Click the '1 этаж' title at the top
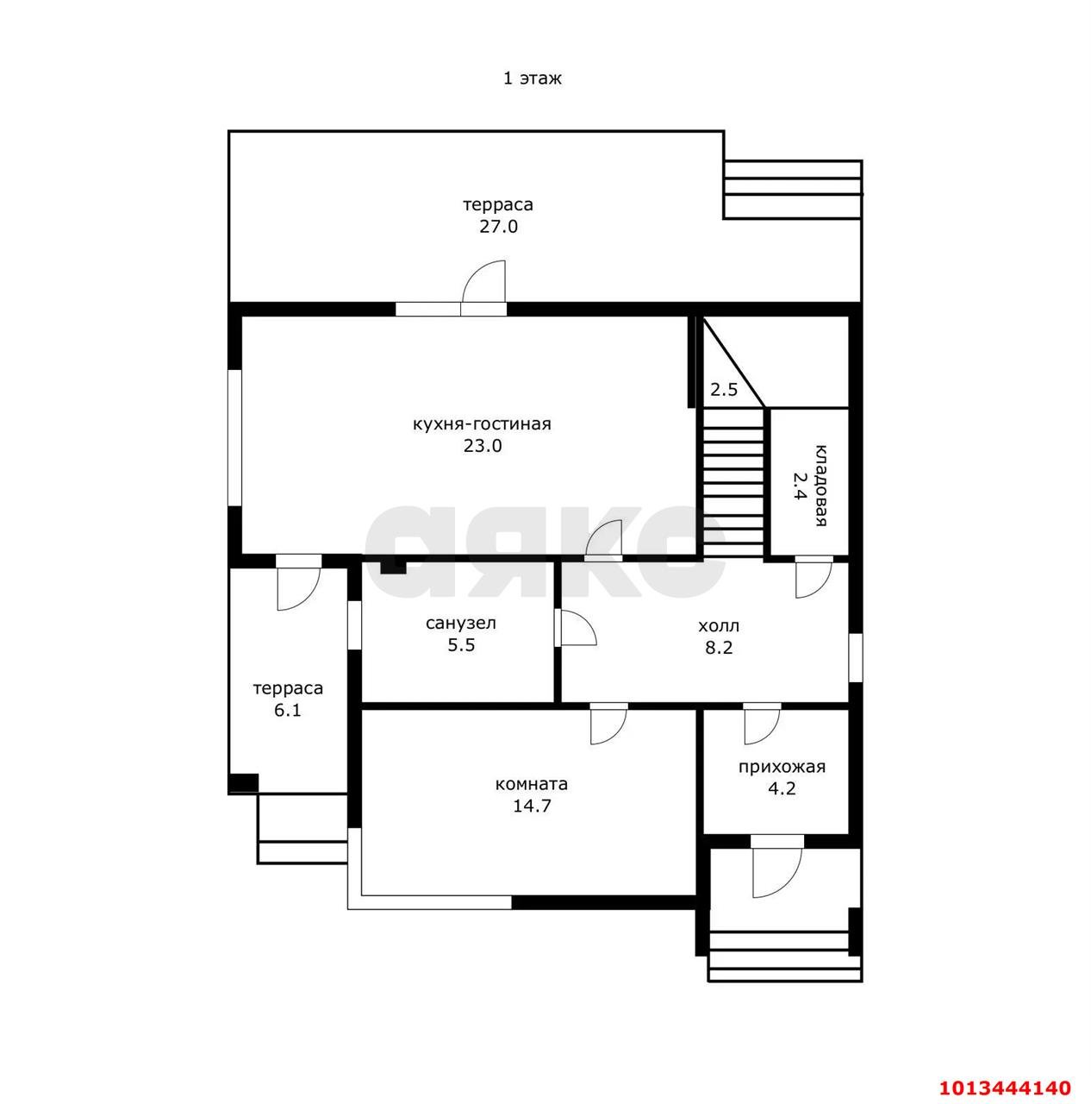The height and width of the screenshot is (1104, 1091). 532,78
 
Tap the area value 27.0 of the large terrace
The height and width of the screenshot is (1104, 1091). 498,227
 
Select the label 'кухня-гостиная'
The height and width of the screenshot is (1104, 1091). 482,424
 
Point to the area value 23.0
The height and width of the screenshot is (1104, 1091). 483,446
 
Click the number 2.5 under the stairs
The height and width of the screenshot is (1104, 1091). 724,390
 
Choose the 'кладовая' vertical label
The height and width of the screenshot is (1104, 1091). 820,485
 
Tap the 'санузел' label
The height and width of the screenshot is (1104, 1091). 460,624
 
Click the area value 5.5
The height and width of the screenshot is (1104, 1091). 461,645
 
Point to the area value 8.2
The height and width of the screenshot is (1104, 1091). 719,648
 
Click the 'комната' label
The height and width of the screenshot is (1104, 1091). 531,784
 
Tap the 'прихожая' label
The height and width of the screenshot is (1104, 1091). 781,767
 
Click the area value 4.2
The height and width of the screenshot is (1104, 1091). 782,788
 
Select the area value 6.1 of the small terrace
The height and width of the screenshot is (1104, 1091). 288,710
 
